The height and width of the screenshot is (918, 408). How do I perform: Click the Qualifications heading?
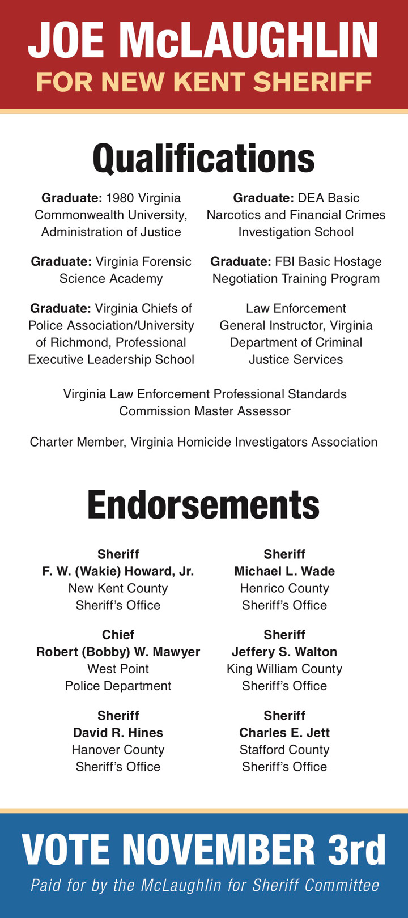click(x=203, y=159)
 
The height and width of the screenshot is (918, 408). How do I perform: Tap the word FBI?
click(x=288, y=262)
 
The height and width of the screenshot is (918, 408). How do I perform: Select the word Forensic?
click(x=165, y=262)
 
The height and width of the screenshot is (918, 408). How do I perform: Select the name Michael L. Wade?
click(x=284, y=571)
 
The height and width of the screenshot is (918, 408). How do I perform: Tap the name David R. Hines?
click(x=118, y=733)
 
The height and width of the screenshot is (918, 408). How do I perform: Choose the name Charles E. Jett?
click(x=284, y=733)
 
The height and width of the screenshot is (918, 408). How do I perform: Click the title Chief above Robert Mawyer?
click(x=118, y=635)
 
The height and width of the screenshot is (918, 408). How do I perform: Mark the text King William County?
click(x=284, y=669)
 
